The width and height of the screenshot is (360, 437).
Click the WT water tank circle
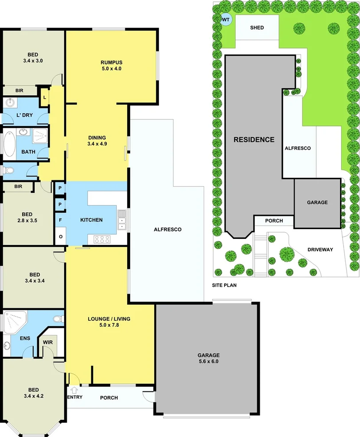pos(226,19)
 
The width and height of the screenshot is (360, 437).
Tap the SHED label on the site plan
pos(257,28)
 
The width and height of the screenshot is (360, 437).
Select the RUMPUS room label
pos(111,65)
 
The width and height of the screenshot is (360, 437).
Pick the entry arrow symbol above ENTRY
pos(74,390)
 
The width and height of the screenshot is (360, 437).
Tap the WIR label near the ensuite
pos(47,342)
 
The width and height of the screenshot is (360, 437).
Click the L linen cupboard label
pos(44,98)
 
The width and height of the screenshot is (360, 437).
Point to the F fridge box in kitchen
pos(60,220)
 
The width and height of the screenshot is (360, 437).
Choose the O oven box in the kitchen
pos(60,237)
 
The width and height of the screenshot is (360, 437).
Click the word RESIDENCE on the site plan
pos(254,140)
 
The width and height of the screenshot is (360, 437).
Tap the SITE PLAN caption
pos(224,285)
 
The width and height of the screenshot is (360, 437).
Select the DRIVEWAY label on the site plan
pos(320,249)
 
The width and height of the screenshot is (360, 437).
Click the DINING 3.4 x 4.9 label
pos(97,140)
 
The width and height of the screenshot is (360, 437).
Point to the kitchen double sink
pos(122,220)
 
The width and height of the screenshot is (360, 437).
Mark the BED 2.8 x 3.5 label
pos(27,216)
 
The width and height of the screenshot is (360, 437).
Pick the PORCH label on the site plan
pos(274,221)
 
